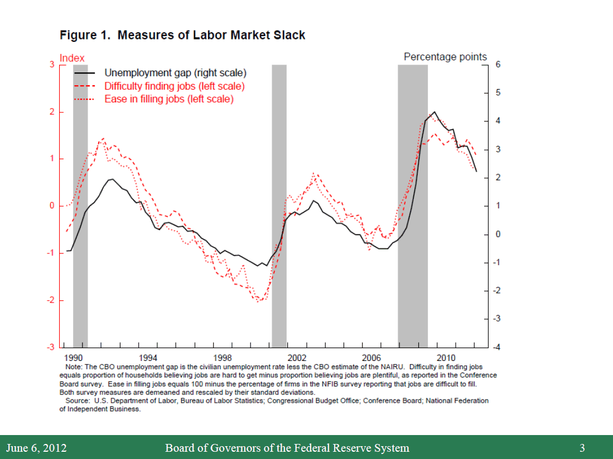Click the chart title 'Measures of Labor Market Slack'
(x=211, y=35)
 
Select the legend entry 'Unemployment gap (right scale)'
(x=175, y=73)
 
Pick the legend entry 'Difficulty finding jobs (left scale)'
(x=174, y=86)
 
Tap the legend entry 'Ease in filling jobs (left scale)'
(x=168, y=99)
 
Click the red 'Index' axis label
(x=72, y=58)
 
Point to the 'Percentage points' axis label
(x=445, y=57)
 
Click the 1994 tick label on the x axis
(x=148, y=357)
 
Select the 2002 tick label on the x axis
(x=297, y=357)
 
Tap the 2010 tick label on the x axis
(x=446, y=357)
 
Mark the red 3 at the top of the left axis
(x=51, y=65)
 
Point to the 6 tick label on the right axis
(x=498, y=65)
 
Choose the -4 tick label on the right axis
(x=496, y=348)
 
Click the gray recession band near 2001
(x=279, y=206)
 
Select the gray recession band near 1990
(x=80, y=206)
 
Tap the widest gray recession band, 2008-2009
(x=413, y=206)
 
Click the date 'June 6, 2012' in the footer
(x=36, y=448)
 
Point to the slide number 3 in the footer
(x=582, y=448)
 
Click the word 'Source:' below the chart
(x=79, y=401)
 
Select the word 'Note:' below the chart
(x=74, y=367)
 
